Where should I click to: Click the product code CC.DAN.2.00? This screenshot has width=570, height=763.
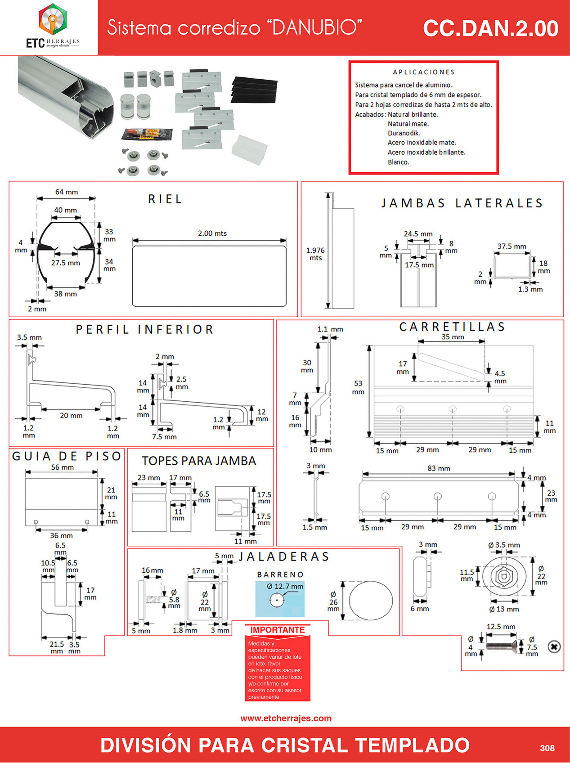pos(490,28)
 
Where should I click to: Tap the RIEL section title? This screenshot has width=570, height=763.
pos(165,199)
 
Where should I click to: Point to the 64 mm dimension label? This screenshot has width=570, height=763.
pos(67,192)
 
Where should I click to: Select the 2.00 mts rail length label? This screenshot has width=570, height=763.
pos(212,233)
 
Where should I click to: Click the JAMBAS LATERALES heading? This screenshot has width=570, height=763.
pos(462,203)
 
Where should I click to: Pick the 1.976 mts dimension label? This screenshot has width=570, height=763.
pos(315,254)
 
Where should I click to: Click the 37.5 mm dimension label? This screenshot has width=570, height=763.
pos(512,247)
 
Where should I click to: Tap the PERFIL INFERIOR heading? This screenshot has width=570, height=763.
pos(144,330)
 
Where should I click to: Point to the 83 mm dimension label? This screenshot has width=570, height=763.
pos(439,468)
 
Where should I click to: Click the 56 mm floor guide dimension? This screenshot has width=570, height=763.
pos(62,467)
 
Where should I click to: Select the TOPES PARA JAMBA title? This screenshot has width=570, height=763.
pos(199,461)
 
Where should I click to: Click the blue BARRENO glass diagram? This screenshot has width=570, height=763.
pos(279,599)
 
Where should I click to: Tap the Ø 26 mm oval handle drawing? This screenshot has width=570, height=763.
pos(371,601)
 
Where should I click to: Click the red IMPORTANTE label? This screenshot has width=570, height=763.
pos(277,630)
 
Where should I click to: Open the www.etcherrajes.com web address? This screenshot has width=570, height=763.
pos(286,718)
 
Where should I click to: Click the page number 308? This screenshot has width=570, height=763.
pos(547,748)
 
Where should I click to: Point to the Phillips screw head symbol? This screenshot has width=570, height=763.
pos(554,647)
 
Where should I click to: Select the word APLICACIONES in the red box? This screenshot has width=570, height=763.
pos(423,72)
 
